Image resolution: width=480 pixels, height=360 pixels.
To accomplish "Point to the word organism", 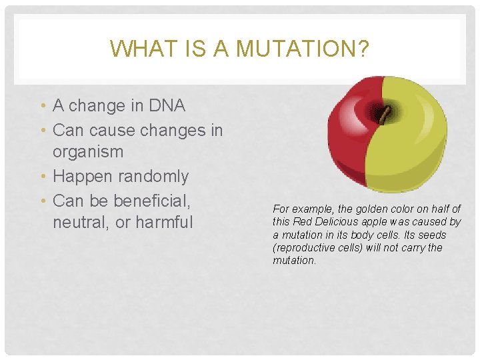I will coord(88,151).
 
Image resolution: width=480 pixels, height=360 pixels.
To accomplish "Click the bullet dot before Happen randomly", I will coord(43,177).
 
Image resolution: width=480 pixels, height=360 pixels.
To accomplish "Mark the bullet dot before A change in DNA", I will coord(43,106).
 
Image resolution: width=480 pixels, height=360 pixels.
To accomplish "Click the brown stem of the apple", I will coord(384,115).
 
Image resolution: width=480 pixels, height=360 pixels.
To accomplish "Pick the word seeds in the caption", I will coord(431,235).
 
